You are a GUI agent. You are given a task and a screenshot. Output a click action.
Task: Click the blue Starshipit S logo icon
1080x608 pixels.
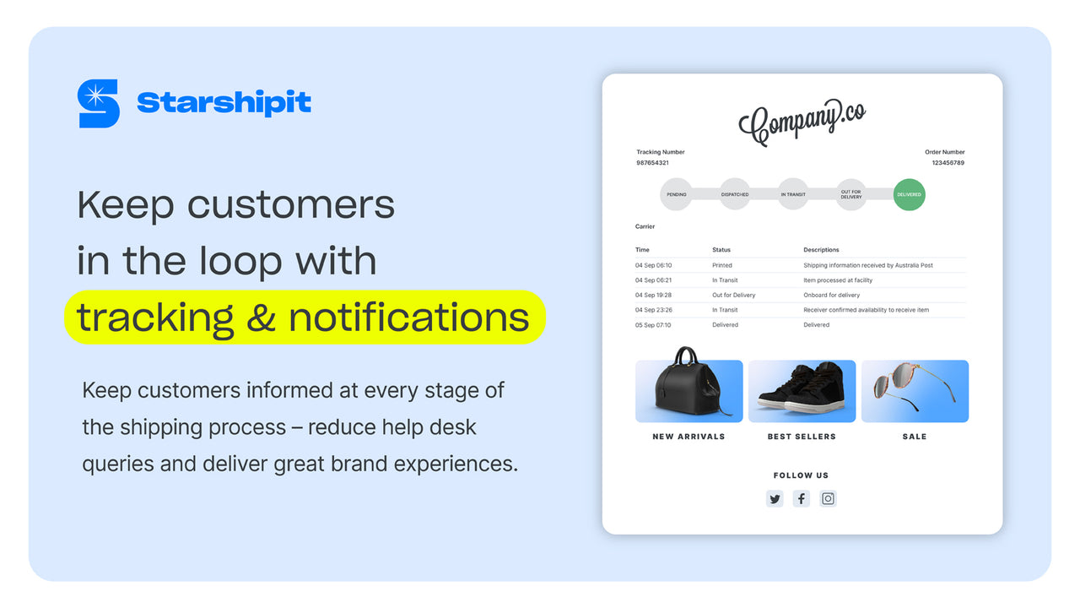tap(98, 104)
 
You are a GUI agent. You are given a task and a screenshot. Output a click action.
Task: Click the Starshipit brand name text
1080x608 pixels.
tap(224, 103)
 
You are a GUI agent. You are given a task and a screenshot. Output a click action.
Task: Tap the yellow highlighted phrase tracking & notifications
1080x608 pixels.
tap(304, 318)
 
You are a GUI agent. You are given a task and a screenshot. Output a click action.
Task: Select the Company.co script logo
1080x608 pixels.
tap(802, 122)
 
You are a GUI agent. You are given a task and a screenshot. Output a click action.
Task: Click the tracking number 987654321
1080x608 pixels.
tap(652, 162)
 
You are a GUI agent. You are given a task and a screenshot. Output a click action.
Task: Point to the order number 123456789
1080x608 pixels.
tap(948, 162)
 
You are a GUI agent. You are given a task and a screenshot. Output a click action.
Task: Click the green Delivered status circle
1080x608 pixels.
tap(909, 194)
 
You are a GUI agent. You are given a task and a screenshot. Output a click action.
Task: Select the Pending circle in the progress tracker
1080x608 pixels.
tap(677, 194)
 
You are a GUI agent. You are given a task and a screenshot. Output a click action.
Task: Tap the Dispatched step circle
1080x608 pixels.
tap(735, 194)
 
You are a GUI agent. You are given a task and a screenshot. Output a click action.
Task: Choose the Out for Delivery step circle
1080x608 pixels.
tap(850, 194)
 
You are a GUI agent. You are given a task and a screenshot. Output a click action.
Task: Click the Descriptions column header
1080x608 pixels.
tap(821, 250)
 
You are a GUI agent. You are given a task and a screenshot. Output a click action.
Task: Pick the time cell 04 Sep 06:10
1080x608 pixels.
tap(653, 265)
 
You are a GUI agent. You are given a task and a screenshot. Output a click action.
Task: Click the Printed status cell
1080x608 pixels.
tap(722, 265)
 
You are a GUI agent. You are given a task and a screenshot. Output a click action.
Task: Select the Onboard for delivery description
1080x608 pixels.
tap(831, 295)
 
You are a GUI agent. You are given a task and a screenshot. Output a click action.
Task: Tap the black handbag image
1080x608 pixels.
tap(688, 387)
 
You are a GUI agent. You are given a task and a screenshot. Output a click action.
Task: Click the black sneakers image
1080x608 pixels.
tap(802, 390)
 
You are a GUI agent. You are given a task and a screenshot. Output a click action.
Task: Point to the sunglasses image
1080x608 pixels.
tap(915, 390)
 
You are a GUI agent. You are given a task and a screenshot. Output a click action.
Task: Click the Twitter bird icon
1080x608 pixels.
tap(775, 498)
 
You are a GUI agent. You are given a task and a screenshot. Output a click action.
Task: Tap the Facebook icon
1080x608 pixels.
tap(802, 498)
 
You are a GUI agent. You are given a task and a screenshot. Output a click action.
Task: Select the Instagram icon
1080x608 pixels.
tap(829, 498)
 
